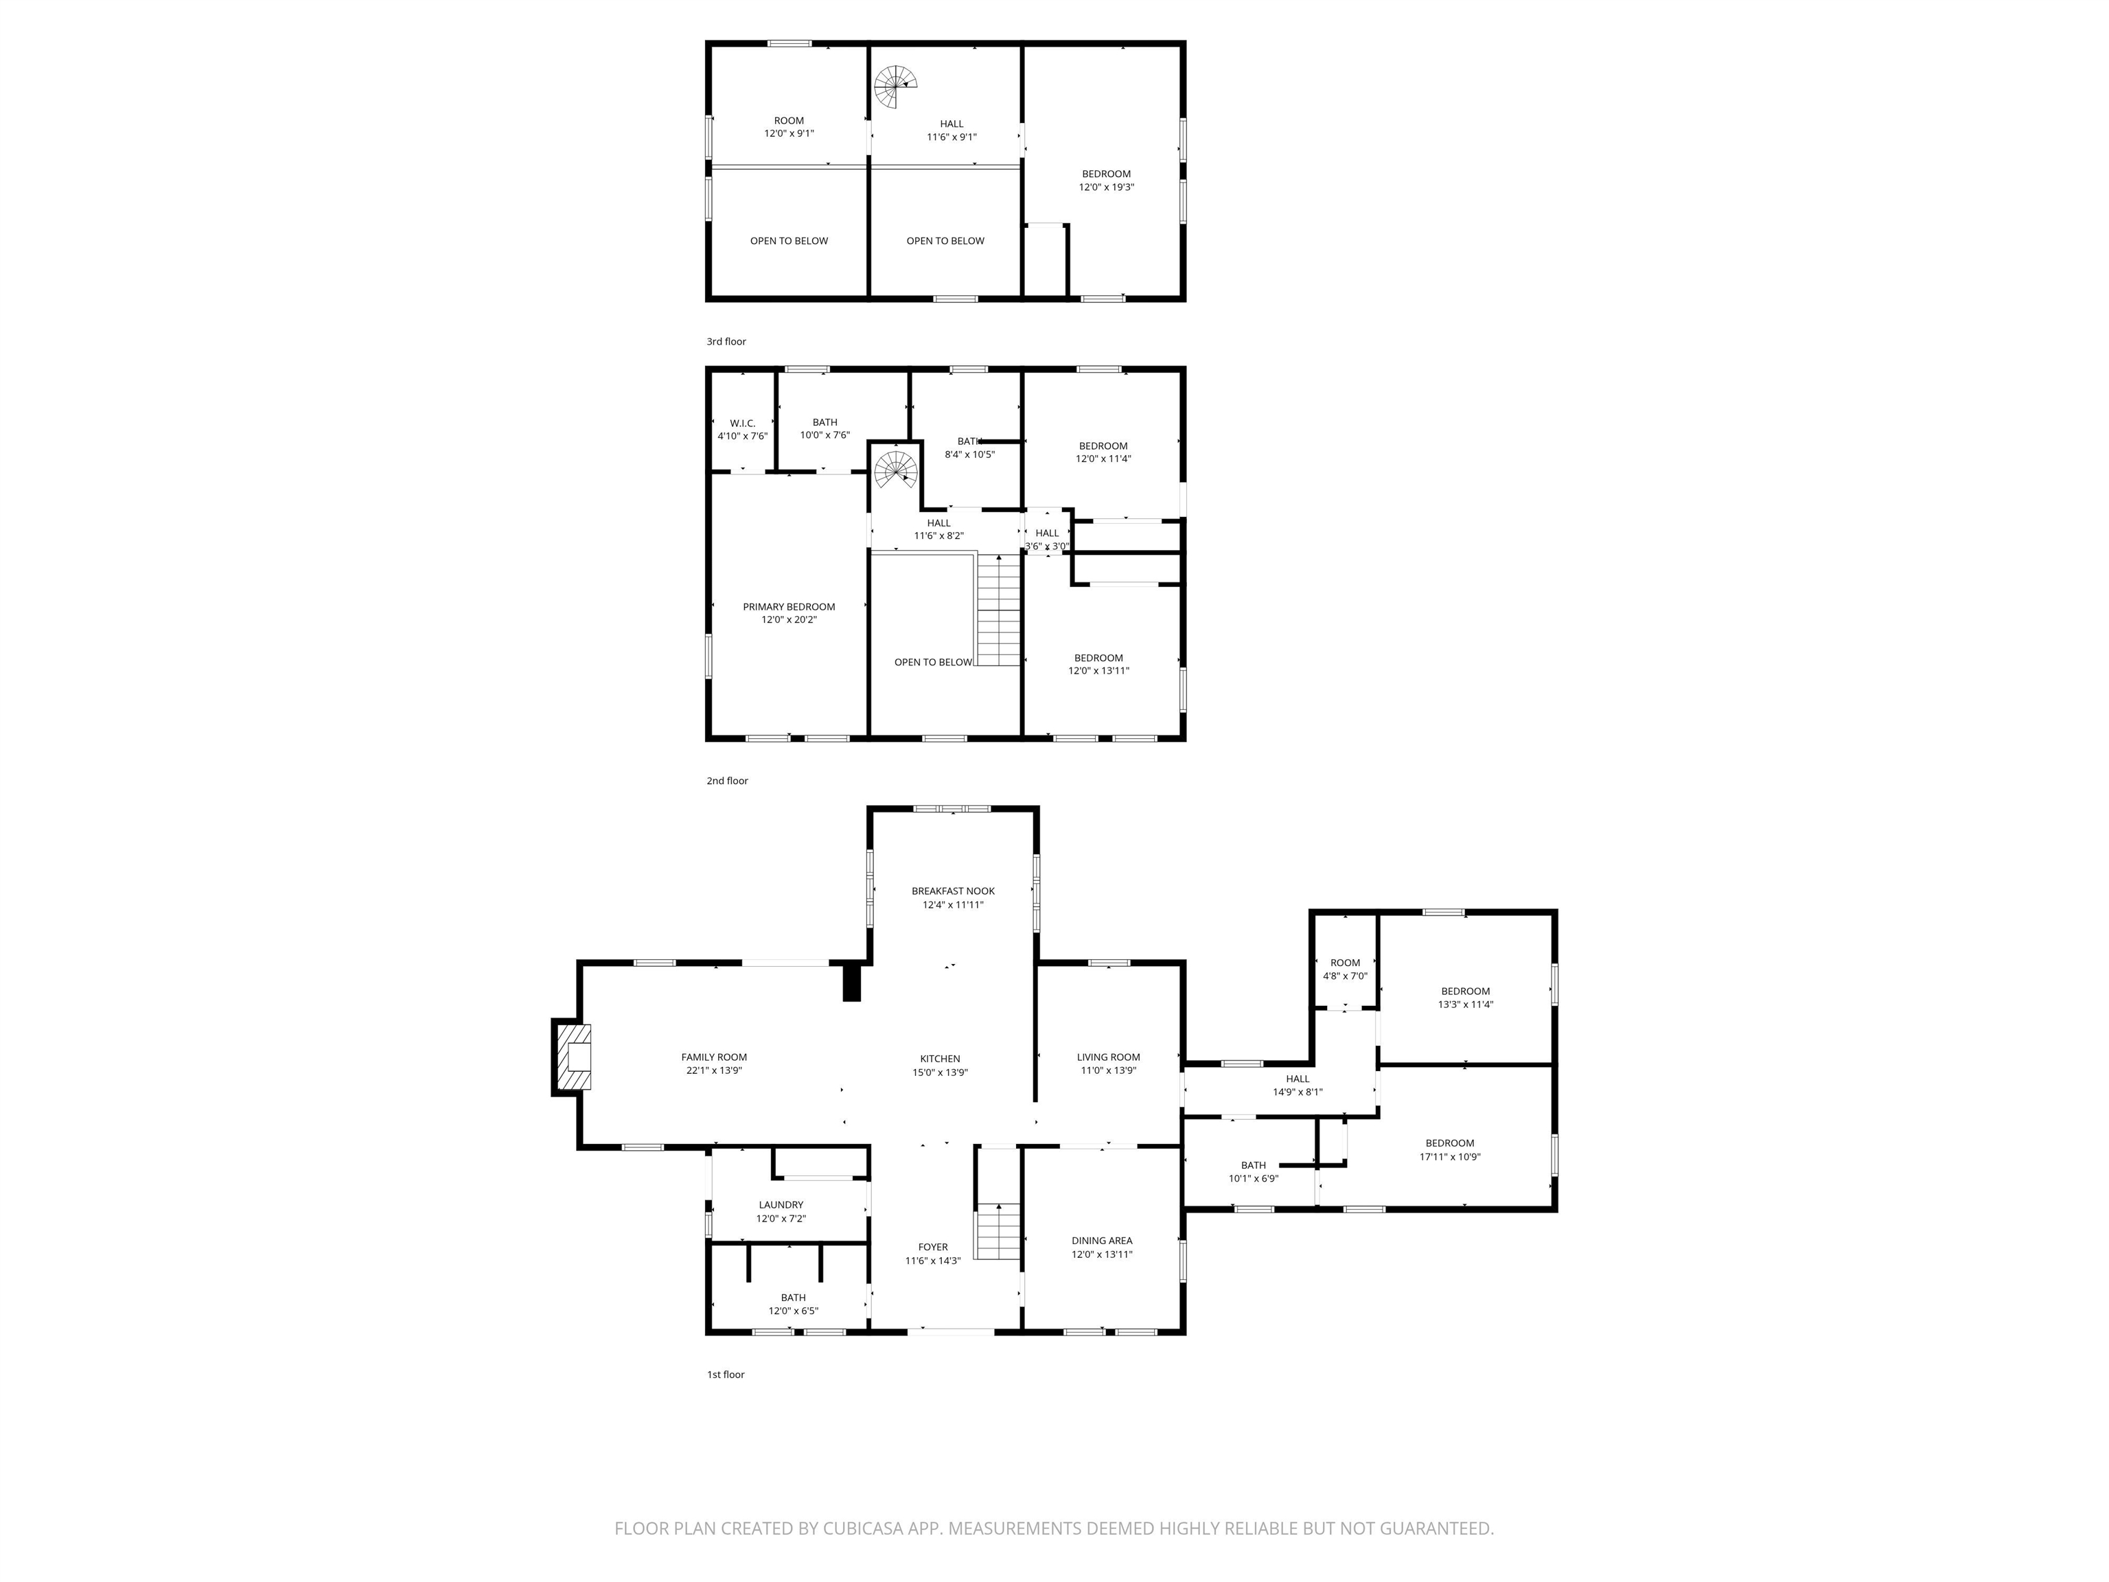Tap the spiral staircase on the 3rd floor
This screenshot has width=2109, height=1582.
(895, 87)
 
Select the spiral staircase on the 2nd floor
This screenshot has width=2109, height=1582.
(896, 469)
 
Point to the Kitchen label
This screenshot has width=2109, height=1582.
(940, 1059)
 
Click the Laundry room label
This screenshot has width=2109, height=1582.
(781, 1204)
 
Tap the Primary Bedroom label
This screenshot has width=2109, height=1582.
(789, 606)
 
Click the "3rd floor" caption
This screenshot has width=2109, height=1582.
(726, 341)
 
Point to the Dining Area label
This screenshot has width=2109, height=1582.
(1101, 1241)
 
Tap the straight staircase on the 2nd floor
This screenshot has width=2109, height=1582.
(998, 610)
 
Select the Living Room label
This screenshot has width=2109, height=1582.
(1108, 1057)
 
